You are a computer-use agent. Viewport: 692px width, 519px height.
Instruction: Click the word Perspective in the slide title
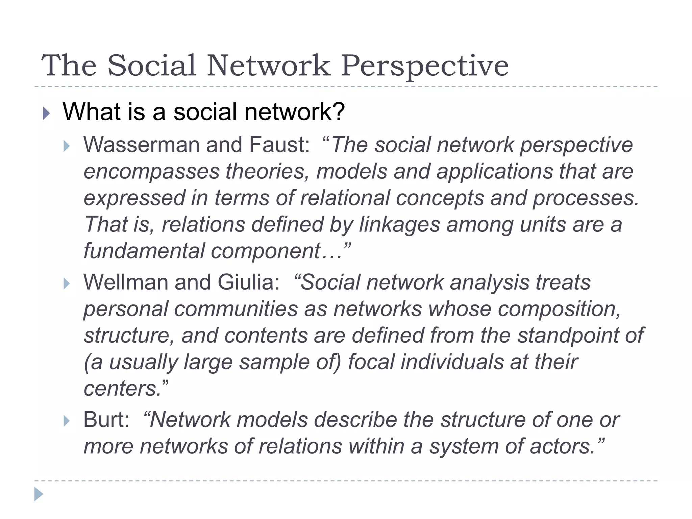425,66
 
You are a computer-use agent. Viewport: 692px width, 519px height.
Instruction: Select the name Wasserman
142,145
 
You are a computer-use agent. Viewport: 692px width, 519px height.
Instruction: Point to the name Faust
278,145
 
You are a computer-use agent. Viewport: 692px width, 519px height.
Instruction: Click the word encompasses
151,172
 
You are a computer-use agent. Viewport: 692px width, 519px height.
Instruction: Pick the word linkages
399,225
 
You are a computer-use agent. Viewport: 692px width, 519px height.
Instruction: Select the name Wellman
125,282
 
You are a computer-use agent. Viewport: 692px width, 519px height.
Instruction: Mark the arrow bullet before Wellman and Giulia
67,284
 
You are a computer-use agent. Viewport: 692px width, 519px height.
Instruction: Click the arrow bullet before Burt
67,421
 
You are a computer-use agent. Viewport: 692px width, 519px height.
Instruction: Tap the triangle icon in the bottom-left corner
39,494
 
